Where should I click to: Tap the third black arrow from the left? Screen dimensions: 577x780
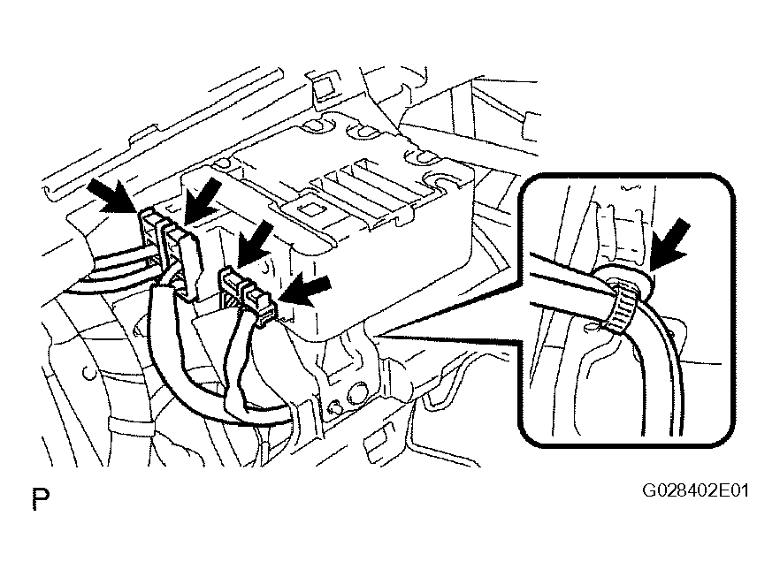click(x=257, y=243)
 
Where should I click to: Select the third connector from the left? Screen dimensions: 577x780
click(x=232, y=285)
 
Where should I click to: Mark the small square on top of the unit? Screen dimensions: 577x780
click(x=311, y=209)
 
